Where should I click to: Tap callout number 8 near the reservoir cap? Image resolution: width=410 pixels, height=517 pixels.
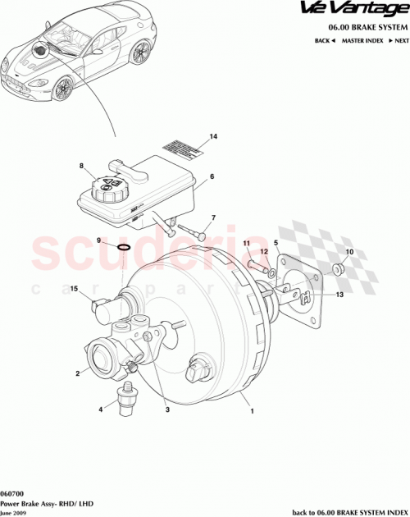pyautogui.click(x=82, y=167)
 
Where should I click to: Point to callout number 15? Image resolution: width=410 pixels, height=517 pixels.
pyautogui.click(x=74, y=290)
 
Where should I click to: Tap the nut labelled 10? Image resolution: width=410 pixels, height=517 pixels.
pyautogui.click(x=339, y=269)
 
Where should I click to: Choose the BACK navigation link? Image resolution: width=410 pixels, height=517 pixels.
pyautogui.click(x=326, y=39)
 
